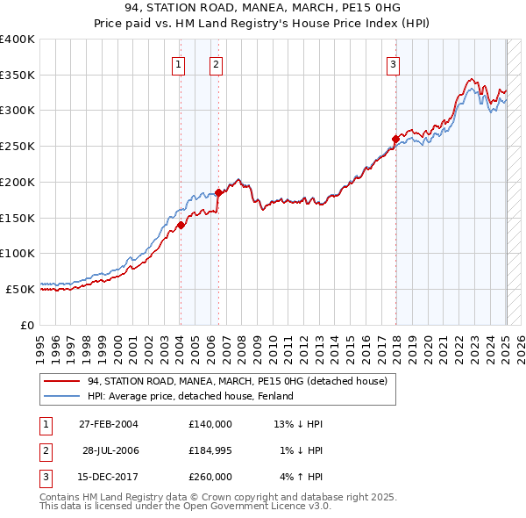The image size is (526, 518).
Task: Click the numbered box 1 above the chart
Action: [178, 63]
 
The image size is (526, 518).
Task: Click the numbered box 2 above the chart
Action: [216, 63]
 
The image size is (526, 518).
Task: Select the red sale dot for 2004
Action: [181, 225]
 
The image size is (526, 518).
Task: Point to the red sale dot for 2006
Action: [218, 192]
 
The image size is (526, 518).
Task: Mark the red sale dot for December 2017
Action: [395, 139]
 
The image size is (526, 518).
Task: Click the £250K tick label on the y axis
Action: [18, 146]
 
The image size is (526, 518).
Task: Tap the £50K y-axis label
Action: [20, 289]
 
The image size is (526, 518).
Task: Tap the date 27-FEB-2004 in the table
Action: [109, 424]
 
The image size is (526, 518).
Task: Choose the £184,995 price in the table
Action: [210, 450]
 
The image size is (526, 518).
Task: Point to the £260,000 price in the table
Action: [210, 477]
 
